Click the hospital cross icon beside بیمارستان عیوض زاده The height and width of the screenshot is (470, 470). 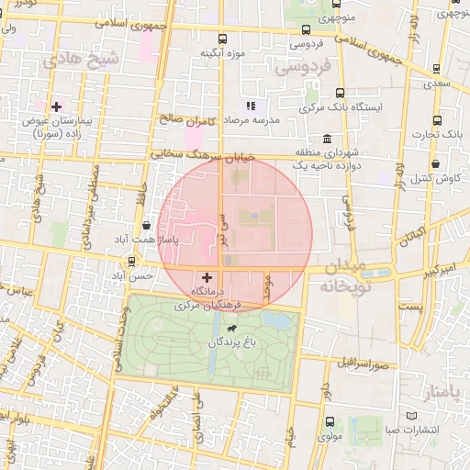tap(56, 107)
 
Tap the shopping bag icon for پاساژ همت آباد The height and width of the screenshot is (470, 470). tap(147, 225)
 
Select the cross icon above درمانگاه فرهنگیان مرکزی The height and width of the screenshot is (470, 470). tap(207, 276)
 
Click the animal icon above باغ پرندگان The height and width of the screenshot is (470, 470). tap(229, 329)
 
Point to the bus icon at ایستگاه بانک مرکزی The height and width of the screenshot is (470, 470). tap(341, 93)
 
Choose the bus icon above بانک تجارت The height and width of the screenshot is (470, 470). tap(438, 119)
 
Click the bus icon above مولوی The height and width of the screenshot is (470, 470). tap(330, 421)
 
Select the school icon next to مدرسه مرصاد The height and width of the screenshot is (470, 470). tap(251, 106)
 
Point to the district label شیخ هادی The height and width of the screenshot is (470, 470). tap(82, 62)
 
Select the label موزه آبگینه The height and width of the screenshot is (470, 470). tap(225, 53)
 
